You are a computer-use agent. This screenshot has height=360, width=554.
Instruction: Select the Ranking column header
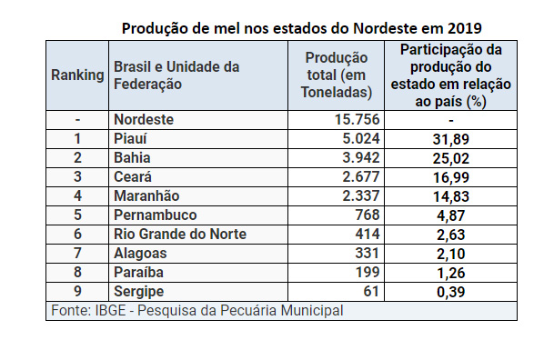(77, 75)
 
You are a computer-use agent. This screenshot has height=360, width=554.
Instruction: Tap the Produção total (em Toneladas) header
(337, 75)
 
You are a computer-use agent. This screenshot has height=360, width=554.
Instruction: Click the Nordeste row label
(144, 120)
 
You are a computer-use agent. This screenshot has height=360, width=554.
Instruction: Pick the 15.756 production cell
(357, 120)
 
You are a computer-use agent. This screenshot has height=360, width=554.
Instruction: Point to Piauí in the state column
(130, 139)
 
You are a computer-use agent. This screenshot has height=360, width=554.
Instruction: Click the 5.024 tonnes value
(361, 139)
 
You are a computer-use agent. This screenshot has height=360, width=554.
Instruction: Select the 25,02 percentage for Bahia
(451, 158)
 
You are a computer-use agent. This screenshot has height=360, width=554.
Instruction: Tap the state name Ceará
(133, 177)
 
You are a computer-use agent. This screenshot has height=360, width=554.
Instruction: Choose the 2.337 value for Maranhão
(361, 195)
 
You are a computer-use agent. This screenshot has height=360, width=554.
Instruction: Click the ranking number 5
(77, 215)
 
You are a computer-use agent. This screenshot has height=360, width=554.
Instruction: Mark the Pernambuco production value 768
(368, 215)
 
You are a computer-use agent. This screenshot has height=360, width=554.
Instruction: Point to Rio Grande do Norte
(180, 234)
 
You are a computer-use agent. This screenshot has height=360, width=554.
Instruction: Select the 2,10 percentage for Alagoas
(451, 254)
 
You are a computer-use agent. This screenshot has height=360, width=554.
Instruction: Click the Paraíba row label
(138, 272)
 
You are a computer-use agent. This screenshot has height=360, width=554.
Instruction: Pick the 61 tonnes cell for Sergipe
(371, 291)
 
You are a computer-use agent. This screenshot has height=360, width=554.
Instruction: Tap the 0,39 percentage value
(451, 292)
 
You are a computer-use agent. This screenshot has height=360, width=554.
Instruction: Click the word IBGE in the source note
(110, 311)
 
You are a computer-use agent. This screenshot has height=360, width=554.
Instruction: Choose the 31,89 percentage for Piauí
(451, 139)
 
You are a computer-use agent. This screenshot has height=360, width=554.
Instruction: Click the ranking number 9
(77, 291)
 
